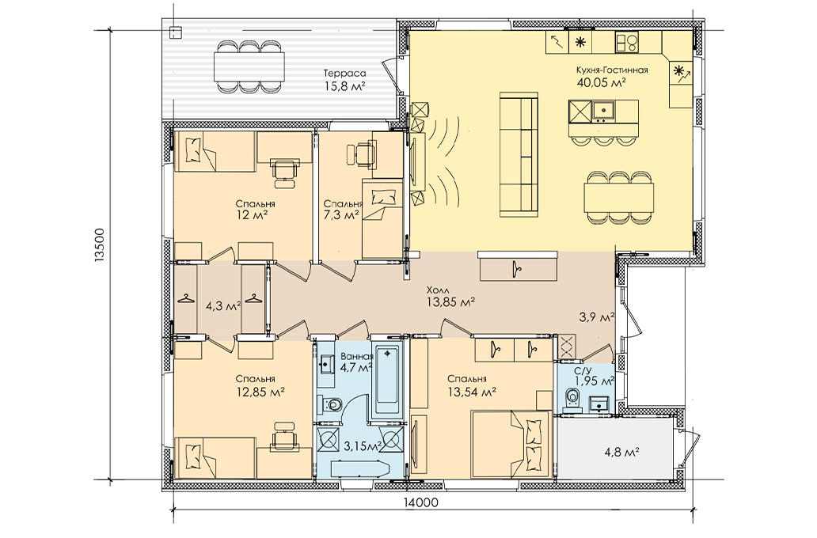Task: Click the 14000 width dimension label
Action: point(420,502)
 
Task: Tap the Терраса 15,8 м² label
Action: point(344,80)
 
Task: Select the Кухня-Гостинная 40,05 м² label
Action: point(612,76)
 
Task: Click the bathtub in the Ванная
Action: point(386,382)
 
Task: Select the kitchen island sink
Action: point(604,111)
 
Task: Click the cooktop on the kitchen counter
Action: point(627,42)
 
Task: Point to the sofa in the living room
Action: point(519,154)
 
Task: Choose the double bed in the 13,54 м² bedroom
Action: point(511,443)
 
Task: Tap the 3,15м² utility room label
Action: point(363,445)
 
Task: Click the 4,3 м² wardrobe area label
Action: point(223,306)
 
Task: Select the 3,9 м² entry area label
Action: point(597,316)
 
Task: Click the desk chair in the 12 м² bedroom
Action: point(284,173)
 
